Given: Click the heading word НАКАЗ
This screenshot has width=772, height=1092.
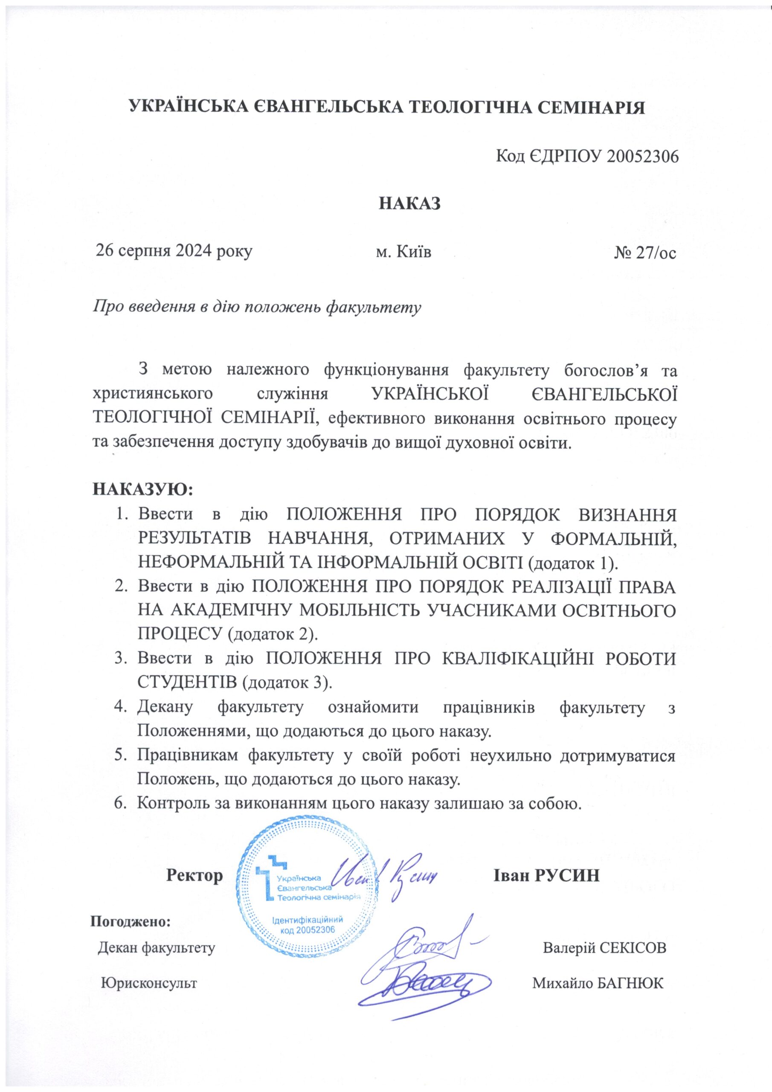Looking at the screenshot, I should (x=409, y=203).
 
